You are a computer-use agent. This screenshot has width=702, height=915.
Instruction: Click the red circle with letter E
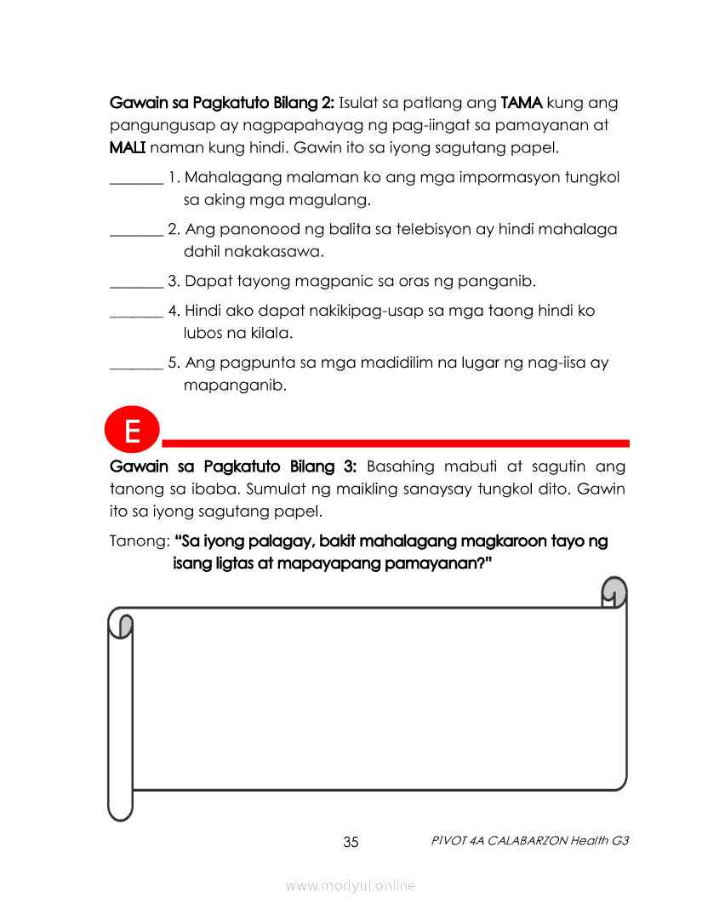point(133,431)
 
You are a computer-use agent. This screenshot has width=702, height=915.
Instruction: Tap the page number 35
point(351,843)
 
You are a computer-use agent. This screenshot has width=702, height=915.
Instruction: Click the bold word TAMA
point(522,103)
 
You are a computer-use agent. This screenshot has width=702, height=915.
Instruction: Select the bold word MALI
point(128,148)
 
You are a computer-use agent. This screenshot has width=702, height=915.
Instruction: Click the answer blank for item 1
point(136,179)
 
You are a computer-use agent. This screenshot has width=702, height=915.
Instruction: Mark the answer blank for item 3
point(136,282)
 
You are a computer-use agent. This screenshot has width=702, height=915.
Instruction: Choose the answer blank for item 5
point(136,363)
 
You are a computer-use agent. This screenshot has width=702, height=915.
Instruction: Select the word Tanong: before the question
point(139,541)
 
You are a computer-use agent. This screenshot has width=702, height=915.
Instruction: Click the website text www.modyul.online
point(351,885)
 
